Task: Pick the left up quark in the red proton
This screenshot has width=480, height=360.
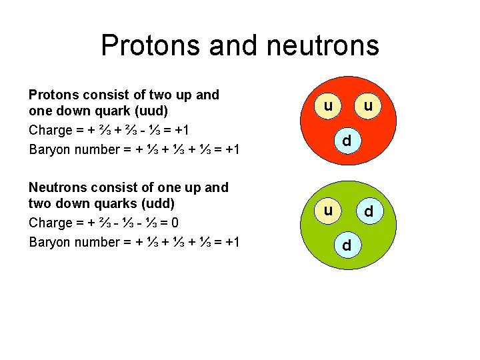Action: [328, 107]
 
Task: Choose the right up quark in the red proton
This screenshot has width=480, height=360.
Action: [367, 107]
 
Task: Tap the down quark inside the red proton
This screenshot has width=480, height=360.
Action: [347, 141]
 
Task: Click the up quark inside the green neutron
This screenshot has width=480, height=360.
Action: [328, 211]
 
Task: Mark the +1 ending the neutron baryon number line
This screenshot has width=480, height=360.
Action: [233, 241]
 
